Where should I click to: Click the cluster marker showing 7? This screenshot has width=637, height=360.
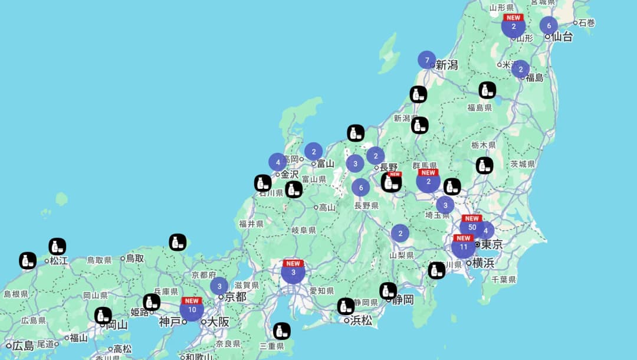coord(426,60)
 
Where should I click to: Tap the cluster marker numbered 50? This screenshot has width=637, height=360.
coord(472,227)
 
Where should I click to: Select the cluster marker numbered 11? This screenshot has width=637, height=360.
coord(464,247)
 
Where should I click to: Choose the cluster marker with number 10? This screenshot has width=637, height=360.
coord(192,310)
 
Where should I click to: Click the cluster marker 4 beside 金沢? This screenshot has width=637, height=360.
coord(277,162)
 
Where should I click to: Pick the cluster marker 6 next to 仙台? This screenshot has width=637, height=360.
coord(549,25)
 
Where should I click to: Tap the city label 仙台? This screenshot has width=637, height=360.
coord(563,37)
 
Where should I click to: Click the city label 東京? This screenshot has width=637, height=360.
coord(491,244)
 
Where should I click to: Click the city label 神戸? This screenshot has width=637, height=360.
coord(169,322)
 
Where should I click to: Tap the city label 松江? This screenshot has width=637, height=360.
coord(59,260)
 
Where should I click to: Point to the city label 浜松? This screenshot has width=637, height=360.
coord(361,320)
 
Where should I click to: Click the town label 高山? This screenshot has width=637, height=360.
coord(327,208)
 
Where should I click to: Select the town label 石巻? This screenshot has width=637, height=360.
coord(587,23)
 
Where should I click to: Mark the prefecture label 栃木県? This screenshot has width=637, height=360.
coord(484,145)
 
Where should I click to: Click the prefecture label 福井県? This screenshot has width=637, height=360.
coord(251,224)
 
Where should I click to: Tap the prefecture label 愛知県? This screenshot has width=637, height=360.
coord(322,291)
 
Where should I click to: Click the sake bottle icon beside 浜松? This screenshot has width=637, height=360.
coord(346,306)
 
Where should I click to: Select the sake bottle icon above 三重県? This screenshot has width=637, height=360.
coord(282,331)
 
